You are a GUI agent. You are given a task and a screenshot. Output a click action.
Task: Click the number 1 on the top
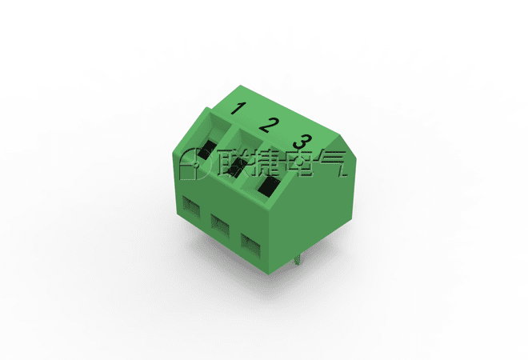point(238,109)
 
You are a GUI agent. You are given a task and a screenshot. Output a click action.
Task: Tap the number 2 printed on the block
point(269,125)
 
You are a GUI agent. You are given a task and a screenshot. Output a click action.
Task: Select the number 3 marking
point(302,142)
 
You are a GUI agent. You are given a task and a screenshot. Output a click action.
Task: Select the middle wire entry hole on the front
point(220,225)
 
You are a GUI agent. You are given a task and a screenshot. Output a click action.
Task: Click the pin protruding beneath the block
point(297,260)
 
